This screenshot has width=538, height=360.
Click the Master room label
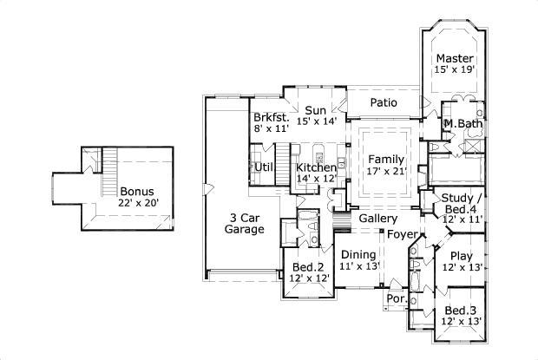(x=454, y=58)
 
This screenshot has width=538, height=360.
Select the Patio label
(x=384, y=102)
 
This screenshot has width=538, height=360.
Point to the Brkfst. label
(x=270, y=117)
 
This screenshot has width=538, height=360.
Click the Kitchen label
(x=315, y=167)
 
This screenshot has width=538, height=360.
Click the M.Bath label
(x=462, y=125)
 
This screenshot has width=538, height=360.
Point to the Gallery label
(x=378, y=219)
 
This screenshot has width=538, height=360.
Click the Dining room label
(x=358, y=254)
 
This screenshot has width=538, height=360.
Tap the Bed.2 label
(x=307, y=266)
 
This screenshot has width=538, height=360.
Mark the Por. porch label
(x=396, y=299)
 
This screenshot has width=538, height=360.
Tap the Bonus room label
(x=135, y=191)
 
